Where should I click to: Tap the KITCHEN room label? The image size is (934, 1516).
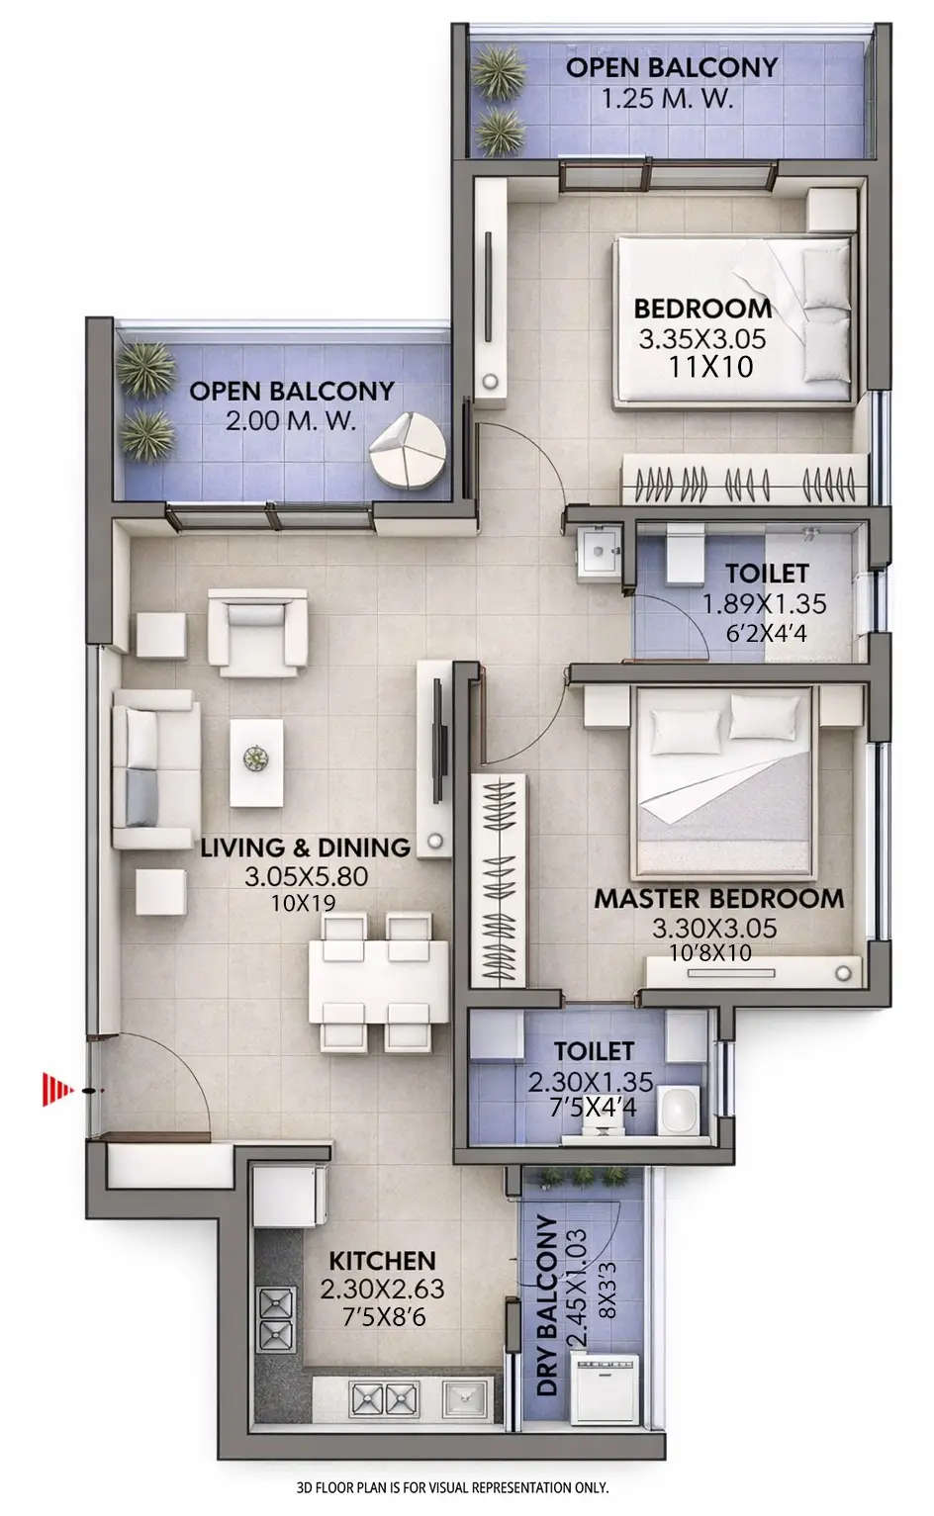click(x=382, y=1261)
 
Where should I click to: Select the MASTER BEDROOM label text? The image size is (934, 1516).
click(x=718, y=899)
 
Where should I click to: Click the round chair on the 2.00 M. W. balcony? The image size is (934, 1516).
click(x=409, y=450)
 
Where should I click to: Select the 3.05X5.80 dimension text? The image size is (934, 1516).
click(x=306, y=876)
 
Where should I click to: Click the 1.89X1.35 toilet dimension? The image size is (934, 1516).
click(x=764, y=603)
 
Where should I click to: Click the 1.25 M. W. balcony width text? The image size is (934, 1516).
click(x=668, y=99)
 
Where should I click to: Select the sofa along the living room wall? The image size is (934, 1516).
click(x=155, y=769)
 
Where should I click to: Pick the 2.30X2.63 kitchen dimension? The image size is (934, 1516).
click(x=382, y=1290)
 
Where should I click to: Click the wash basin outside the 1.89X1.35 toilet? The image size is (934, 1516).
click(x=599, y=552)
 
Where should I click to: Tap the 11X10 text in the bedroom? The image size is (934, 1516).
click(x=710, y=368)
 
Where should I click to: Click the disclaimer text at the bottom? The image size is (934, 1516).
click(x=452, y=1486)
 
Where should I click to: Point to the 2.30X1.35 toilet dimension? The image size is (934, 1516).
click(x=591, y=1082)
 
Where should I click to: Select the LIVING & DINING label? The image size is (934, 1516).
click(x=306, y=847)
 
